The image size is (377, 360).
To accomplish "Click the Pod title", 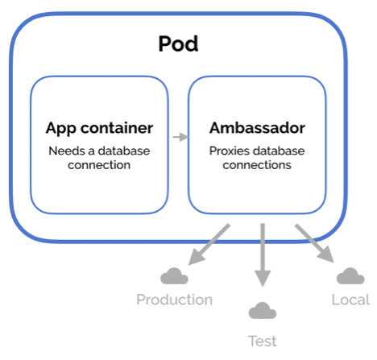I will [178, 43].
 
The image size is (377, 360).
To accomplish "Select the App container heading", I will [99, 128].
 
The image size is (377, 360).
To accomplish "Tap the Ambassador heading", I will [257, 128].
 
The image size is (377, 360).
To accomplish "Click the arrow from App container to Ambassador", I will [180, 138].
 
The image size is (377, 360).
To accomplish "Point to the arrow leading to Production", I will [209, 246].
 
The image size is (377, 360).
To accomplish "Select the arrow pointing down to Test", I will [261, 254].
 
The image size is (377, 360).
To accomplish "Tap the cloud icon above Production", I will [174, 277].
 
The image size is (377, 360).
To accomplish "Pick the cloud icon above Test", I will [261, 309].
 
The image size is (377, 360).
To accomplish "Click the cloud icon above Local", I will [350, 276].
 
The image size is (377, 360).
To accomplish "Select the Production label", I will [174, 300].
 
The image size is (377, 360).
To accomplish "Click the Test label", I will [261, 341].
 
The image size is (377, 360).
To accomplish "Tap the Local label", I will [350, 300].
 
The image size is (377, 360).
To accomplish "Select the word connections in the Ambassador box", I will [257, 165].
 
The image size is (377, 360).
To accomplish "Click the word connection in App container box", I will [99, 165].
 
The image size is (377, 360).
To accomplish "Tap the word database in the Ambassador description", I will [279, 151].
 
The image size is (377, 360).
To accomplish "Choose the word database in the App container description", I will [122, 151].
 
